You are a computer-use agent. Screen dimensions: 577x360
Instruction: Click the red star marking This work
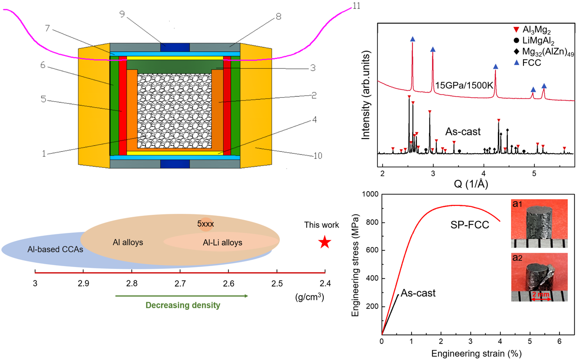tap(324, 242)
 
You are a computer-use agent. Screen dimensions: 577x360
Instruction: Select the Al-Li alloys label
tap(220, 242)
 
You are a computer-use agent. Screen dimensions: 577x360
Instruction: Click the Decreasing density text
tap(183, 305)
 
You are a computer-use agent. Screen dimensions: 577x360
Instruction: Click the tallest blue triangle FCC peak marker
tap(412, 39)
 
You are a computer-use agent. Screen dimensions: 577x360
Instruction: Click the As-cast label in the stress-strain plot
tap(418, 293)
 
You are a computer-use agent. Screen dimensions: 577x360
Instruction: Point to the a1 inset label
tap(517, 204)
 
